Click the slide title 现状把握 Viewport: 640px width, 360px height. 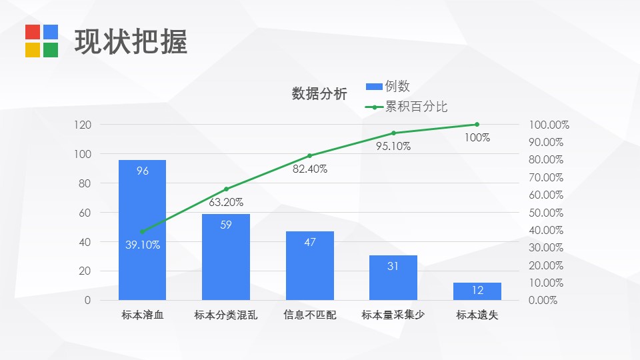tap(131, 41)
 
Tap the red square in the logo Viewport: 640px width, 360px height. tap(33, 32)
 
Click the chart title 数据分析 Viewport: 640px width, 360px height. tap(319, 94)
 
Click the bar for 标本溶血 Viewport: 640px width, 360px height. tap(142, 230)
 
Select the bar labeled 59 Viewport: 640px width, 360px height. tap(226, 257)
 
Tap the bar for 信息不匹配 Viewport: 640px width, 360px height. tap(310, 265)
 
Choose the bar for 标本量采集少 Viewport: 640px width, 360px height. tap(393, 277)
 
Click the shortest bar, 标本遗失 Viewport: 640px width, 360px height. tap(477, 291)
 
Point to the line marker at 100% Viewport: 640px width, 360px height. tap(477, 125)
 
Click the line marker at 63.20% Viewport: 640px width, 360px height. tap(226, 189)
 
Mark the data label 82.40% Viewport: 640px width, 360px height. tap(310, 169)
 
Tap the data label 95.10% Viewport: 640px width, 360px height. tap(393, 147)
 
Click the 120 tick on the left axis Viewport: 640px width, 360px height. tap(83, 125)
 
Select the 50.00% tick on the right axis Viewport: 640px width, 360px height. tap(546, 213)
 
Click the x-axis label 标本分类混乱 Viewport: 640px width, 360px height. tap(226, 315)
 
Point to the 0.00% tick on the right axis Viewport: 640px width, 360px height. tap(543, 301)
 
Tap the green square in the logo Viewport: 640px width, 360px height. tap(51, 50)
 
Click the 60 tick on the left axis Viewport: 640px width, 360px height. tap(85, 213)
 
